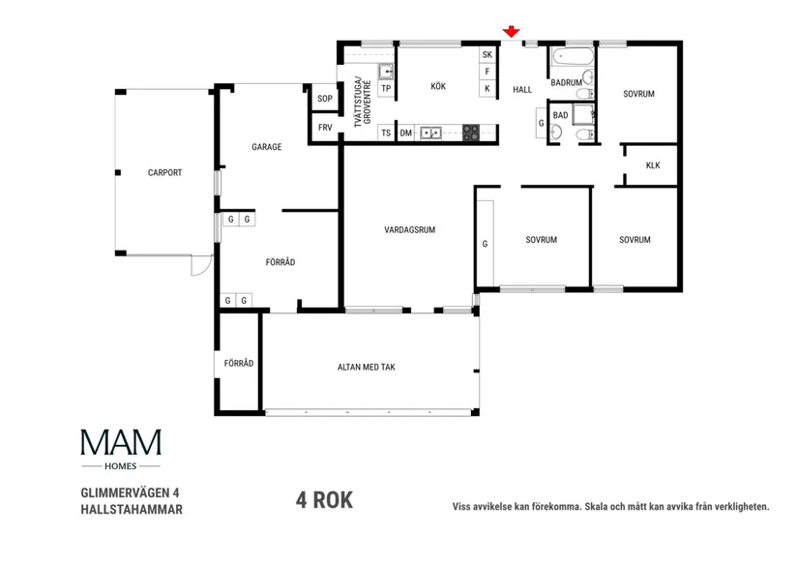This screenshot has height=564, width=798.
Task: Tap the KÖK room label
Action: (x=438, y=87)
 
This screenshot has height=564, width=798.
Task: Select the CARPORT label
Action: (x=164, y=173)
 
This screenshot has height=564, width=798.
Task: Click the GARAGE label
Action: (x=267, y=147)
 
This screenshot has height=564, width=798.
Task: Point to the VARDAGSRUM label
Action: (x=409, y=230)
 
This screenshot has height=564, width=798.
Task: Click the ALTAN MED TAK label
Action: (x=367, y=368)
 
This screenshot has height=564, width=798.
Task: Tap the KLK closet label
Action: (x=653, y=165)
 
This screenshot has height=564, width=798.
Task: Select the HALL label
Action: (x=522, y=88)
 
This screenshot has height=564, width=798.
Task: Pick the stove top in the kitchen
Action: (x=471, y=133)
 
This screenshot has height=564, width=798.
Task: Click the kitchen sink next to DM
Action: (x=430, y=133)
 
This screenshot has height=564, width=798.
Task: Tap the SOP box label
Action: (x=325, y=100)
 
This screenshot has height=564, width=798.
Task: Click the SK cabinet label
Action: (x=488, y=54)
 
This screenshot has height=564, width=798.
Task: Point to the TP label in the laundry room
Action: (x=386, y=88)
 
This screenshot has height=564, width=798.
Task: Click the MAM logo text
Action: (x=121, y=442)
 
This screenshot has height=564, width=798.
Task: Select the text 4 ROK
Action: (x=324, y=500)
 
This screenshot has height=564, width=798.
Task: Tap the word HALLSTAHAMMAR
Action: (x=132, y=507)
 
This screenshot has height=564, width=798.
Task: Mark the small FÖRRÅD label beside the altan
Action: (x=238, y=364)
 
